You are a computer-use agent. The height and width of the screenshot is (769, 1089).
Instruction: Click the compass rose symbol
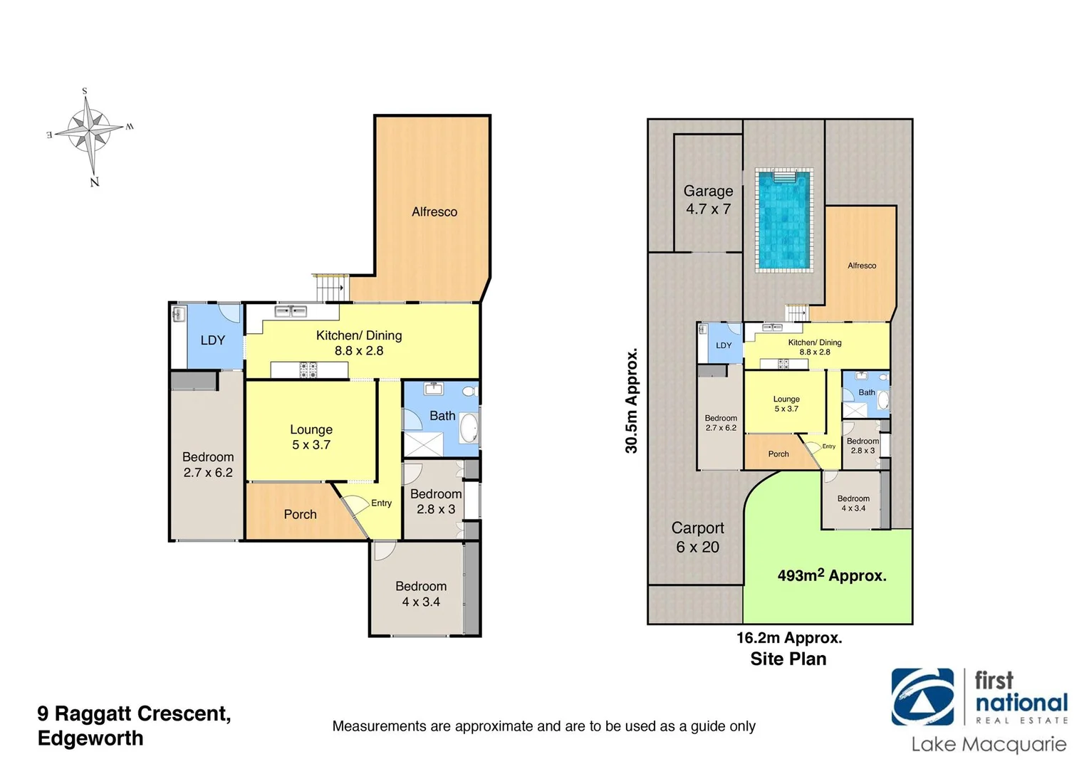pyautogui.click(x=90, y=132)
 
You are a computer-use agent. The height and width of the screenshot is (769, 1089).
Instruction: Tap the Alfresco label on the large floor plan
pyautogui.click(x=434, y=211)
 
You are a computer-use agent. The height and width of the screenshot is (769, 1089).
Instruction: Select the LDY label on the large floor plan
pyautogui.click(x=212, y=340)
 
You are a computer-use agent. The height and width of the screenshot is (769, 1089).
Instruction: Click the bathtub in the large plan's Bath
pyautogui.click(x=470, y=429)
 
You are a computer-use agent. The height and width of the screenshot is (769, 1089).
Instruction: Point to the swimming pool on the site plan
pyautogui.click(x=783, y=220)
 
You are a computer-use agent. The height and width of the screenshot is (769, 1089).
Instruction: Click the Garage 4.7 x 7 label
pyautogui.click(x=708, y=200)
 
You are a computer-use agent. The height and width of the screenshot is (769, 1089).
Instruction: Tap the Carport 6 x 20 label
pyautogui.click(x=697, y=538)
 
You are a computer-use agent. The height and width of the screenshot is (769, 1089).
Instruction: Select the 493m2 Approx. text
pyautogui.click(x=831, y=575)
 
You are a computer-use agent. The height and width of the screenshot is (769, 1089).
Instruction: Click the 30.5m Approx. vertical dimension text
pyautogui.click(x=632, y=400)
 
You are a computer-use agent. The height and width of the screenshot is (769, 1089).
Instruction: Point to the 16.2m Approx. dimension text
pyautogui.click(x=788, y=638)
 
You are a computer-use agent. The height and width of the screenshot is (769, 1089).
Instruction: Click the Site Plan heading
pyautogui.click(x=788, y=659)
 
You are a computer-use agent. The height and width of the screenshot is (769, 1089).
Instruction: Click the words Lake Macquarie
pyautogui.click(x=989, y=745)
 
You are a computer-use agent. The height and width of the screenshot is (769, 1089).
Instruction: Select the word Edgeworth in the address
pyautogui.click(x=90, y=738)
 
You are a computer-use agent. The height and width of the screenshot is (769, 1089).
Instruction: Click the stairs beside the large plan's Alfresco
pyautogui.click(x=330, y=288)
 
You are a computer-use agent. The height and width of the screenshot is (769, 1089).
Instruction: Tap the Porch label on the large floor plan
pyautogui.click(x=300, y=514)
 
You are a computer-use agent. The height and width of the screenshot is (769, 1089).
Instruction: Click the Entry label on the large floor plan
pyautogui.click(x=381, y=503)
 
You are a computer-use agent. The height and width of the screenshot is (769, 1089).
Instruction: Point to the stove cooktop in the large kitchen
pyautogui.click(x=308, y=370)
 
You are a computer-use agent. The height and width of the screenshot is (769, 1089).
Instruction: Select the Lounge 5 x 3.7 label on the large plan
pyautogui.click(x=311, y=437)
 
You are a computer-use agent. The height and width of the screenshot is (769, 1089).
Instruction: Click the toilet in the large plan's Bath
pyautogui.click(x=469, y=391)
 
